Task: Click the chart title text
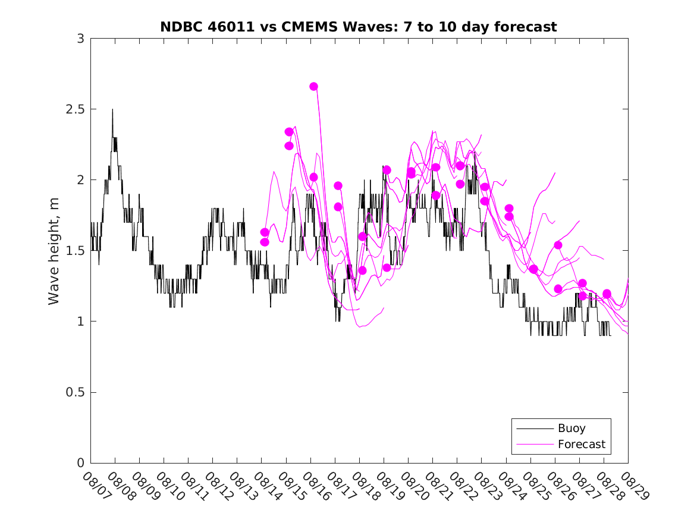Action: coord(359,27)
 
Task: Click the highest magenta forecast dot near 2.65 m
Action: coord(313,87)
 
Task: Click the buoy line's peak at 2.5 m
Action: coord(112,110)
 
